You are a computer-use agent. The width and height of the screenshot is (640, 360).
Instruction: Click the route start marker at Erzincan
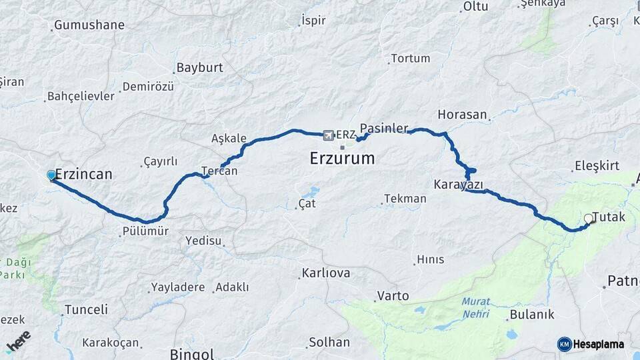(x=51, y=175)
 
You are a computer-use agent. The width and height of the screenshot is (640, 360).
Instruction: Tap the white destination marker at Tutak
(x=588, y=219)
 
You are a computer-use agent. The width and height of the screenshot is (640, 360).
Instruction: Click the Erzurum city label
(x=342, y=159)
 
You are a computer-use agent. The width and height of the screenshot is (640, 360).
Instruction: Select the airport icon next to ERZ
(x=328, y=135)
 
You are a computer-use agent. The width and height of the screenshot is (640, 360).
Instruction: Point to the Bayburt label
(x=198, y=68)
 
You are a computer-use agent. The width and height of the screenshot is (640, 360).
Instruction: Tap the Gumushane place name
(x=89, y=25)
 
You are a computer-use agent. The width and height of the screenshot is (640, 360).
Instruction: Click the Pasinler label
(x=383, y=127)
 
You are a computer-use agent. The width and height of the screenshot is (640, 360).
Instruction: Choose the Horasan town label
(x=463, y=114)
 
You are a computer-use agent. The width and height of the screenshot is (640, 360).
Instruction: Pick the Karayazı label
(x=458, y=185)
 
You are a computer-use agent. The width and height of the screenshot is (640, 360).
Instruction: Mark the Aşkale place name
(x=229, y=139)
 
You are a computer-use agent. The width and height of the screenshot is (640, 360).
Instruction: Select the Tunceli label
(x=86, y=309)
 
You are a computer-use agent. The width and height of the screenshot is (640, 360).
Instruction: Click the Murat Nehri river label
(x=475, y=306)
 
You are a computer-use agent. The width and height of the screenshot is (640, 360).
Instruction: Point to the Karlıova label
(x=326, y=273)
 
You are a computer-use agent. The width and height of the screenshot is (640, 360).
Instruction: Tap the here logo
(x=18, y=341)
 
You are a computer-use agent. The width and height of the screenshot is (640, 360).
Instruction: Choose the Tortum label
(x=410, y=59)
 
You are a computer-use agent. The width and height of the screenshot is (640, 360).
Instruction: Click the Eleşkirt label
(x=597, y=166)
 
